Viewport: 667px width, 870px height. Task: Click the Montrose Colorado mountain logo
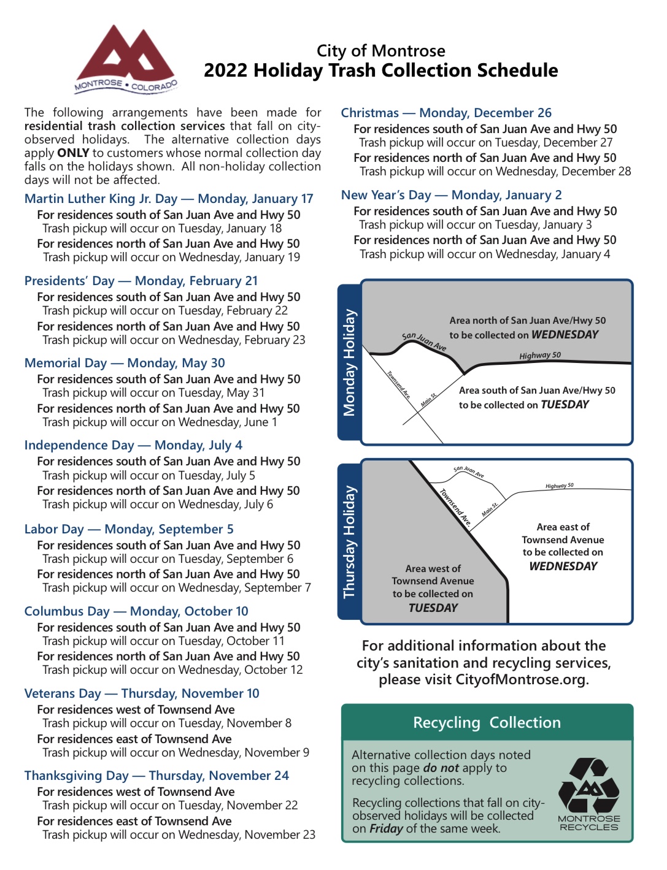[x=126, y=58]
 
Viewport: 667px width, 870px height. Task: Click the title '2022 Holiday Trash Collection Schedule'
[x=380, y=71]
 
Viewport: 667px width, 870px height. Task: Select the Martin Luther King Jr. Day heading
[x=169, y=199]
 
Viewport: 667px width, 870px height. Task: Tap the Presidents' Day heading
[x=141, y=281]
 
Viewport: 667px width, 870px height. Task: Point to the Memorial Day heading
[x=125, y=363]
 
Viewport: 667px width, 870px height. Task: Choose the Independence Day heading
[x=133, y=445]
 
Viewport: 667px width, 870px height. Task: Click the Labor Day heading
[x=129, y=529]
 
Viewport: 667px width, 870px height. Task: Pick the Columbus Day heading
[x=136, y=611]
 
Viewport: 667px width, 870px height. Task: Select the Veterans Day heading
[x=142, y=693]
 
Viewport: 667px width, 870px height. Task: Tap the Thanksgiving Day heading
[x=156, y=776]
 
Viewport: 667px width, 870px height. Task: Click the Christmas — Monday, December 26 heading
[x=446, y=113]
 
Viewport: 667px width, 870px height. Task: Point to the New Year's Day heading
[x=451, y=195]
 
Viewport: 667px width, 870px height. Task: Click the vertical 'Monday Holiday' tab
[x=349, y=362]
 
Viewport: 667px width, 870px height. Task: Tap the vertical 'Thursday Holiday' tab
[x=349, y=542]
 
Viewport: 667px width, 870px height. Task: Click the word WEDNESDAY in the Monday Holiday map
[x=565, y=335]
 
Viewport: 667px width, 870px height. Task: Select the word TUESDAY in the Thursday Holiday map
[x=433, y=608]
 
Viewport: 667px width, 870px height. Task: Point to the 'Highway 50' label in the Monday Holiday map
[x=540, y=356]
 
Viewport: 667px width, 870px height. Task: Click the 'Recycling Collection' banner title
[x=487, y=722]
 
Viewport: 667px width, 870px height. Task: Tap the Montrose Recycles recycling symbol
[x=589, y=787]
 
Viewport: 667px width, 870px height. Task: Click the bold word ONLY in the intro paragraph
[x=73, y=153]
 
